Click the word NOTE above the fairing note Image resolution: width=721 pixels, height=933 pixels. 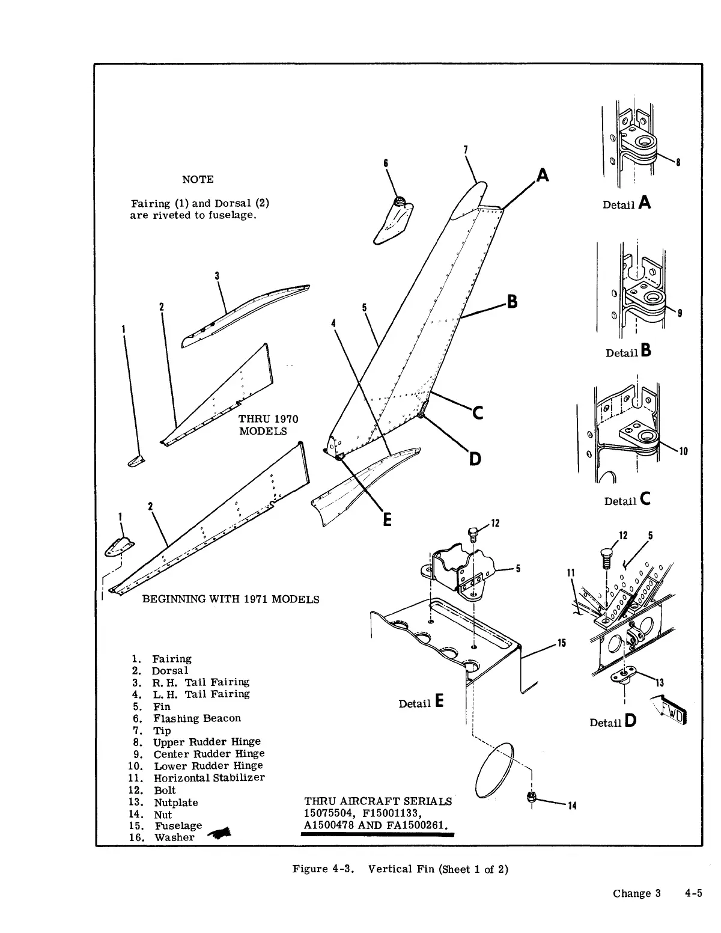198,179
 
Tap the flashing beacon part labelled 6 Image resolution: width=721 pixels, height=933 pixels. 394,221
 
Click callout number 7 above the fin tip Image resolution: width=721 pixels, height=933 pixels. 466,150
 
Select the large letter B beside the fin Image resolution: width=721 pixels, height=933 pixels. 513,301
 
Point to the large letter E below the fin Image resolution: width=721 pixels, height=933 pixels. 388,519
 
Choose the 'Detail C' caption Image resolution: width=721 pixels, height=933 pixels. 628,500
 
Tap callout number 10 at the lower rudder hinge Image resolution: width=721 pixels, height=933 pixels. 683,452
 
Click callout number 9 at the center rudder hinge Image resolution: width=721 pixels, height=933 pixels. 679,313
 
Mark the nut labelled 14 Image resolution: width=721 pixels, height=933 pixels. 531,797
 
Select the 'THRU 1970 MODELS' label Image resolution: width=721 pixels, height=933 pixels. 268,425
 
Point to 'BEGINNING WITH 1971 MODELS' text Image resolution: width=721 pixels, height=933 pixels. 230,599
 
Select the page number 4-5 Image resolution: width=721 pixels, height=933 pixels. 693,893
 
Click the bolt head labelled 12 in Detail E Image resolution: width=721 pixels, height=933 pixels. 473,532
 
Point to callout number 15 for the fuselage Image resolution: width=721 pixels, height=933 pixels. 562,643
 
